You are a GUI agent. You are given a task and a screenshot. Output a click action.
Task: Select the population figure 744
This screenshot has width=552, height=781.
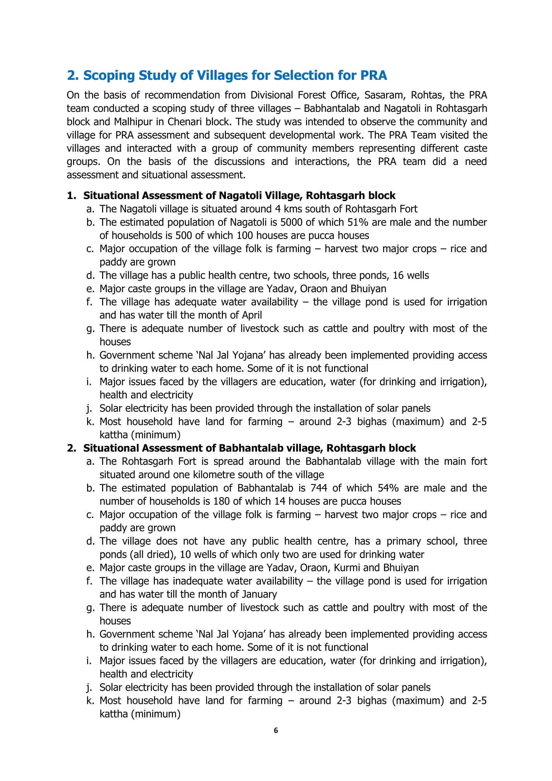point(318,488)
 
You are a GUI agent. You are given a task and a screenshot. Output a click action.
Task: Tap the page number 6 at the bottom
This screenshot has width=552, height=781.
point(276,730)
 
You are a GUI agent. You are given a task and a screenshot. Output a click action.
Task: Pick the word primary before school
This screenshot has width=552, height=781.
point(404,541)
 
